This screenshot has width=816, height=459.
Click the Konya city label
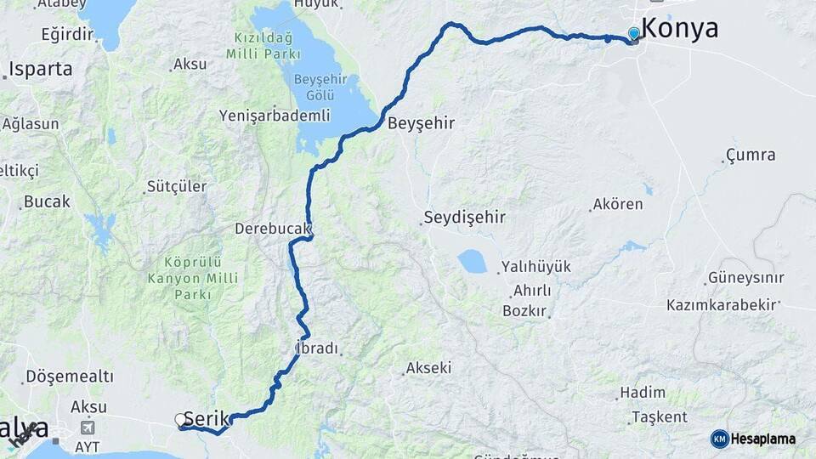click(679, 28)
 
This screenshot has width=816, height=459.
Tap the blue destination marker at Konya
click(633, 34)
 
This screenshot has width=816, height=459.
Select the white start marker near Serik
click(179, 419)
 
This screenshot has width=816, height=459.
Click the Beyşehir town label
click(421, 123)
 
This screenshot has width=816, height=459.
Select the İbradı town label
click(316, 348)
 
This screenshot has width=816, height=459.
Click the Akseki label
click(428, 368)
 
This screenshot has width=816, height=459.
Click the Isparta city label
click(41, 69)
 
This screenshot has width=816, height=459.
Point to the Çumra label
click(751, 155)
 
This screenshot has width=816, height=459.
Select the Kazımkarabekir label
click(723, 304)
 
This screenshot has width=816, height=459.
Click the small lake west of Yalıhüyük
click(472, 261)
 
